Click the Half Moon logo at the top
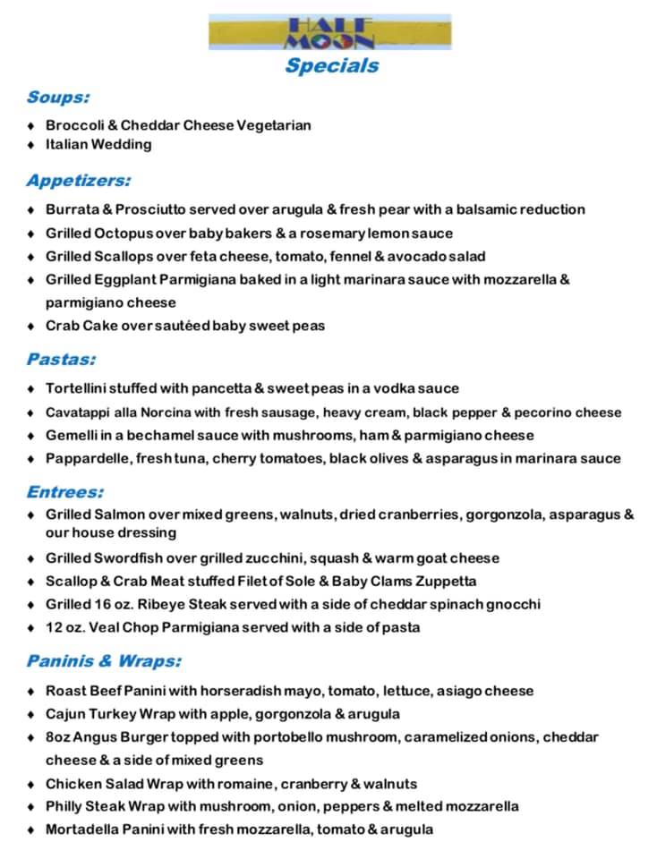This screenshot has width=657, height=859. tap(328, 33)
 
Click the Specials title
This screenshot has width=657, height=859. tap(332, 65)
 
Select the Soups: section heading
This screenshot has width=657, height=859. tap(58, 97)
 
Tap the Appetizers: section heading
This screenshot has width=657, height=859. tap(79, 181)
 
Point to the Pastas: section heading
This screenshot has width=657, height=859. tap(62, 360)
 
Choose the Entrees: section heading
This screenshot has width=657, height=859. tap(65, 491)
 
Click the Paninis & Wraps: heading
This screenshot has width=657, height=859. tap(104, 661)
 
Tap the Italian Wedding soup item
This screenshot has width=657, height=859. tap(98, 144)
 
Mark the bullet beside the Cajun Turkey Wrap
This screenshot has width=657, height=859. tap(31, 715)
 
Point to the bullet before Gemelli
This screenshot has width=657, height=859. tap(31, 436)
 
